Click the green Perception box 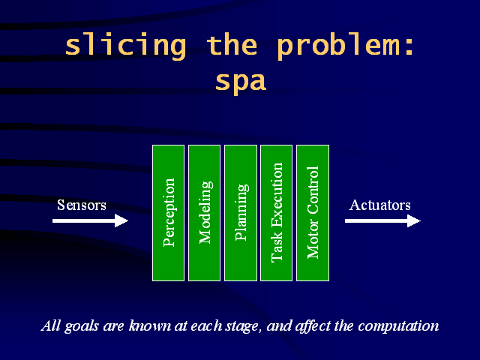168,213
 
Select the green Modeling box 204,213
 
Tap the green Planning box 241,213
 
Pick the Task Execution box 277,213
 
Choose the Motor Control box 313,213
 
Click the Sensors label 82,205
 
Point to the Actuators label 380,205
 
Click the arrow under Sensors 90,220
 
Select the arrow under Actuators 382,220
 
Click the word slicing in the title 126,46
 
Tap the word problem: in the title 346,46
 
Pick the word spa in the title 241,82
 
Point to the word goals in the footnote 82,326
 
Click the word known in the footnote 150,325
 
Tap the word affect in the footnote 312,326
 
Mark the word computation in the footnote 398,326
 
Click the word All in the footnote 51,325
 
